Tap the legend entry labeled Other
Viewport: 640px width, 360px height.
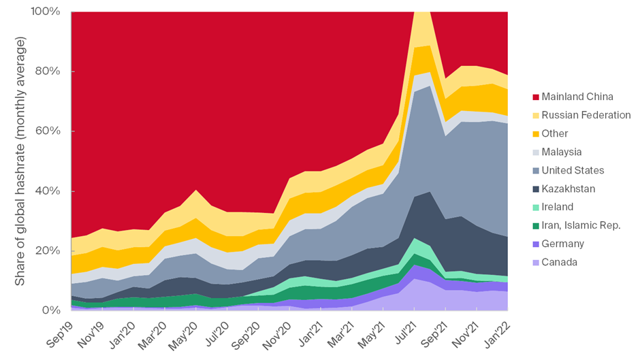tap(556, 133)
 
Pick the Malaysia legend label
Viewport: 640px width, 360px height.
tap(562, 152)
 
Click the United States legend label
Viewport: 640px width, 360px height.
tap(573, 170)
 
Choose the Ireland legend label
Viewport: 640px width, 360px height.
tap(558, 207)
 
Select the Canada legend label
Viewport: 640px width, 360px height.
tap(560, 262)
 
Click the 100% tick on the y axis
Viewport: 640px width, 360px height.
tap(46, 12)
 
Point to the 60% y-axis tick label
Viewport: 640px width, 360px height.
tap(49, 131)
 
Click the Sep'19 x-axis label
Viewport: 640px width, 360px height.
tap(61, 333)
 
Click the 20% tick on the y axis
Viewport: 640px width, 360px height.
tap(49, 250)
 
